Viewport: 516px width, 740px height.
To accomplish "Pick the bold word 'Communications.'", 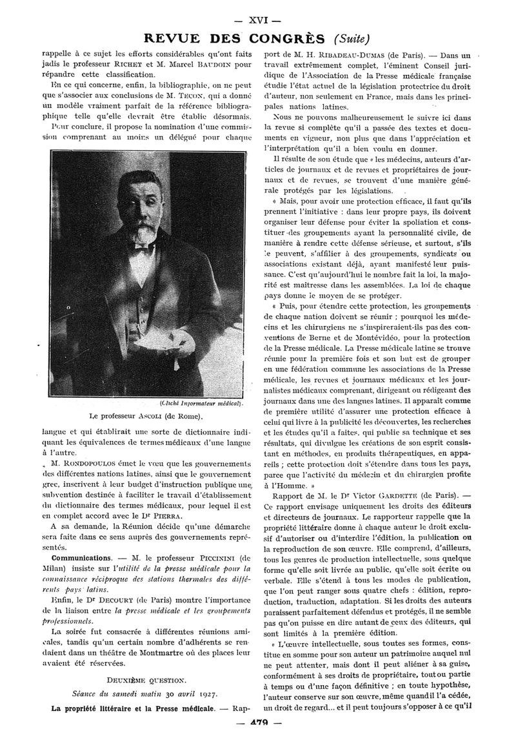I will (82, 557).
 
